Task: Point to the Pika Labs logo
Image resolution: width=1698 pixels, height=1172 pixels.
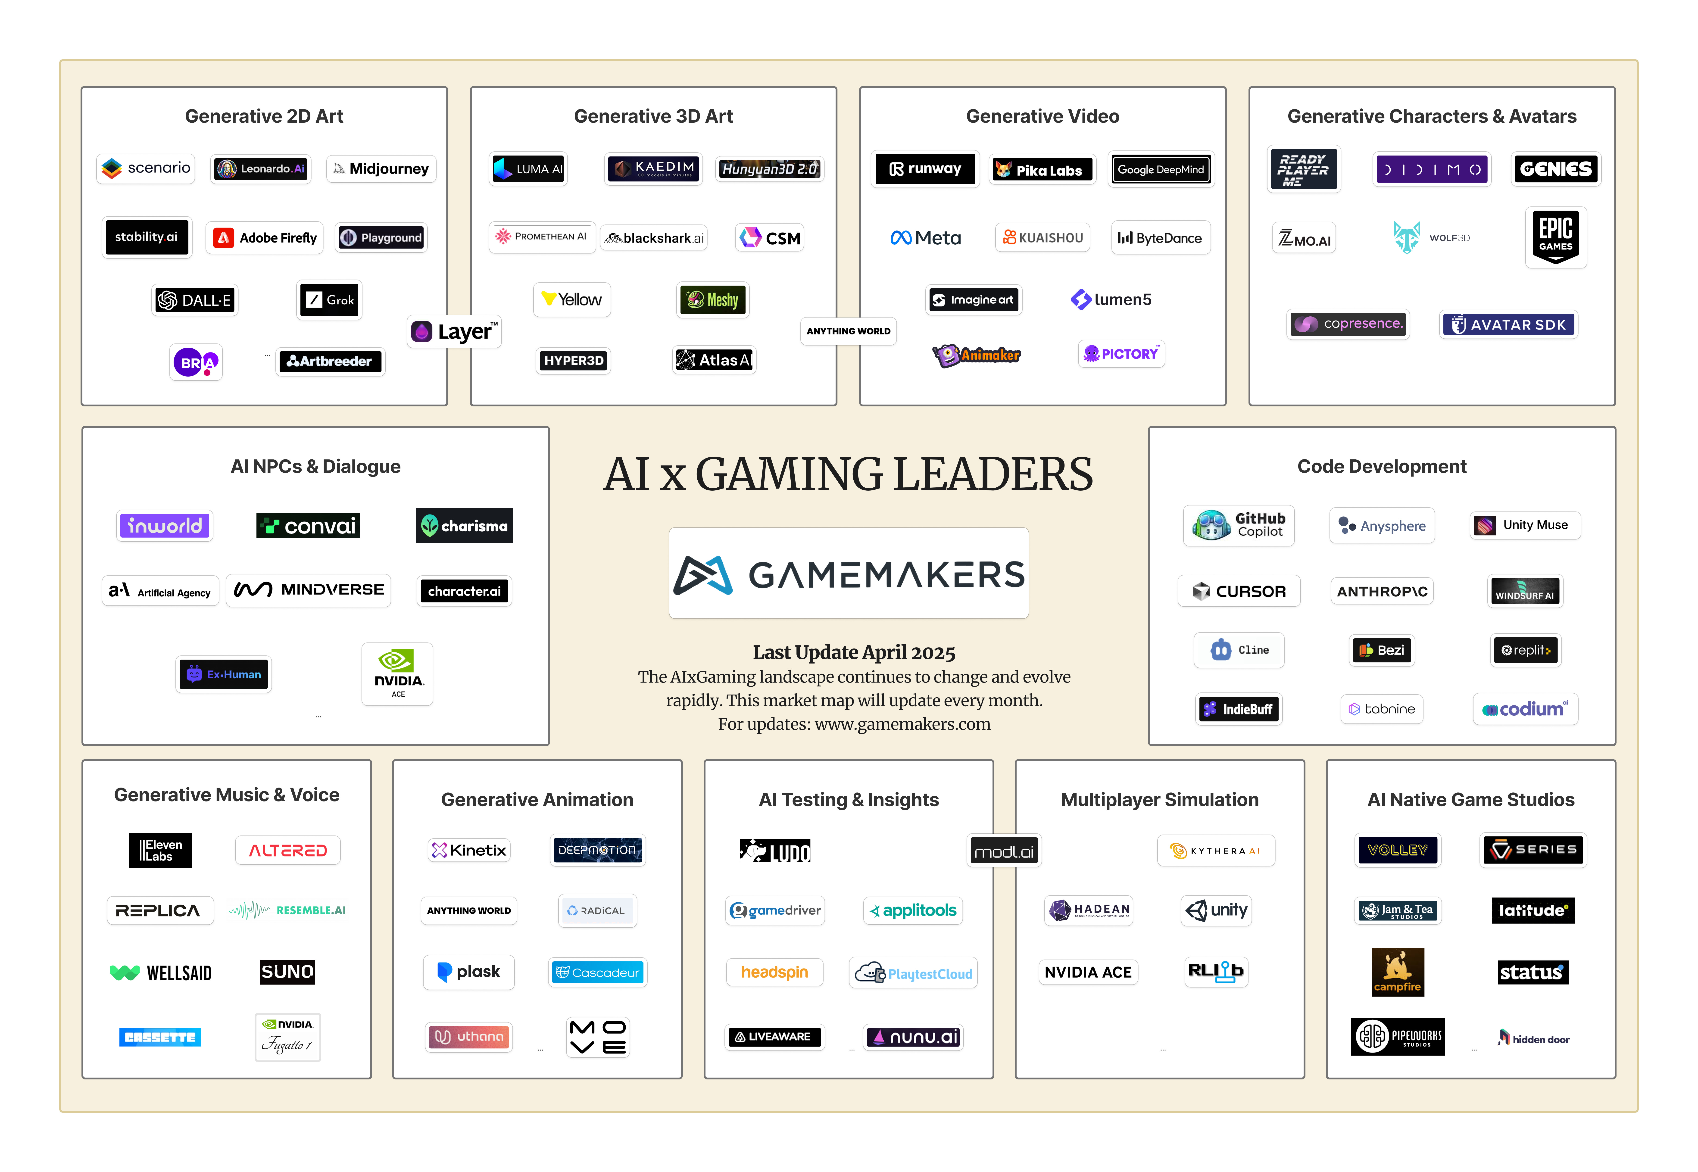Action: pos(1041,170)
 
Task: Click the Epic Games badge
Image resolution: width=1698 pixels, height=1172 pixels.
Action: pos(1555,237)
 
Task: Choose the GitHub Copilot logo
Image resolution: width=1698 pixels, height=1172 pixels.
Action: pos(1238,525)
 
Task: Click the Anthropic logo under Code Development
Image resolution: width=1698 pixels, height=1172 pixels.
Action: pos(1381,591)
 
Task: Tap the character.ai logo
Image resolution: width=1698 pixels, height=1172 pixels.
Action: pos(464,591)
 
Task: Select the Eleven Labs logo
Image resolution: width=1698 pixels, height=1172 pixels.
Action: pos(160,850)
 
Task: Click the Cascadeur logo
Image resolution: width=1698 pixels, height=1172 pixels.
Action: pos(598,972)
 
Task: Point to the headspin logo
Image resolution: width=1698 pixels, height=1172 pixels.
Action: pos(774,972)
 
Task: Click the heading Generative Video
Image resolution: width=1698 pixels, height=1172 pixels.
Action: pos(1042,116)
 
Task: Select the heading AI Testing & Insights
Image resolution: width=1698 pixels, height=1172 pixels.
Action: pos(848,800)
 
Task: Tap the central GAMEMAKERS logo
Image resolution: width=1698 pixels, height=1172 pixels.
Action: pos(848,574)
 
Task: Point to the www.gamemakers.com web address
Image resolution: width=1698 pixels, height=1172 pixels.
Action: pos(902,724)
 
